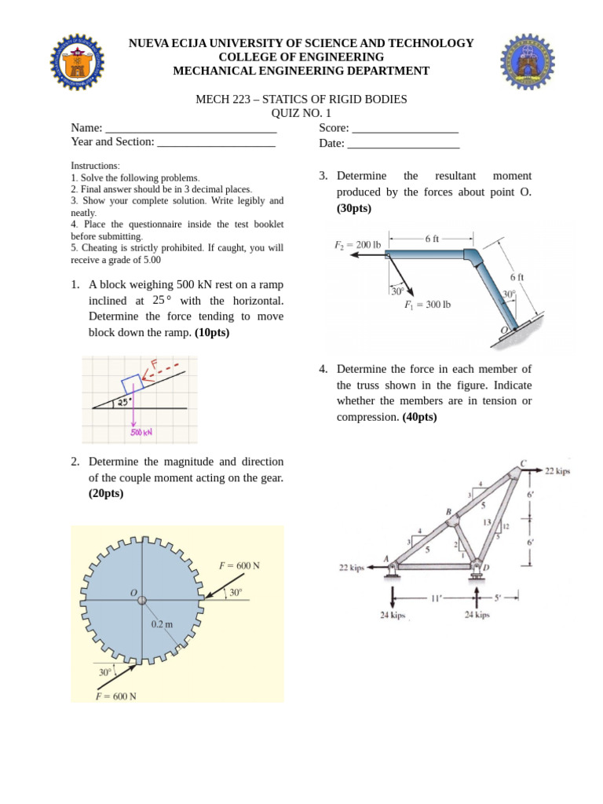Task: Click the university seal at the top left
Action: click(77, 61)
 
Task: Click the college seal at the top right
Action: click(528, 61)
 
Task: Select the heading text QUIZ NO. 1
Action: click(301, 113)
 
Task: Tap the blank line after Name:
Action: click(191, 129)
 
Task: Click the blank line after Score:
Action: click(405, 129)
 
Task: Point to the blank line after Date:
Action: click(403, 144)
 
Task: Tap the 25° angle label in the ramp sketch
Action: click(124, 403)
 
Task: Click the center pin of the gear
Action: click(142, 600)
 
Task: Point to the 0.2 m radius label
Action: click(163, 625)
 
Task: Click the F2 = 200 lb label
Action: click(357, 245)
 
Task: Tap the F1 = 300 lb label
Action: click(427, 305)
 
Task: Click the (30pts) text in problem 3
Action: click(354, 208)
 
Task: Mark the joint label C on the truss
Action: click(524, 462)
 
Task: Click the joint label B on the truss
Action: click(449, 513)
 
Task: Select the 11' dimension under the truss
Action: click(437, 598)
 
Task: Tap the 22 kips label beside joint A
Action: click(351, 568)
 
